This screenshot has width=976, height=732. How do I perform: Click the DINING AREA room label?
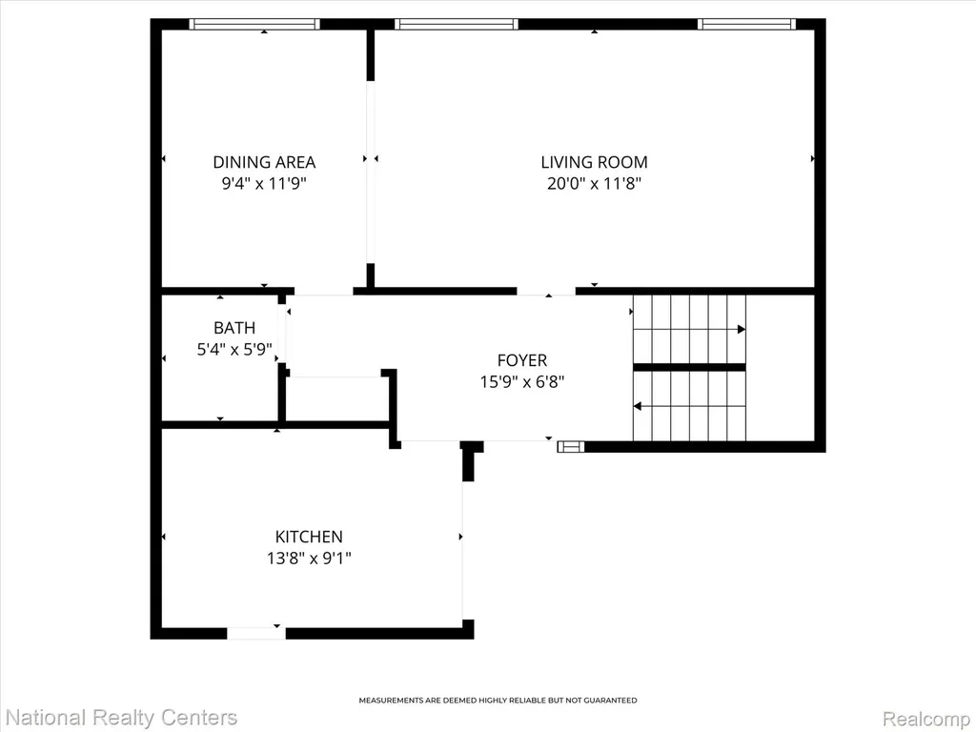tap(264, 162)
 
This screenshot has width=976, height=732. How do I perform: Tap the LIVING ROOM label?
tap(594, 162)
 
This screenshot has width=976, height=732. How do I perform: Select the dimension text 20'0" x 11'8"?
tap(594, 184)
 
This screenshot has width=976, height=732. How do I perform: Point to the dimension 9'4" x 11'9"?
tap(265, 184)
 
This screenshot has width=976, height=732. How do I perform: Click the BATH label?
tap(234, 328)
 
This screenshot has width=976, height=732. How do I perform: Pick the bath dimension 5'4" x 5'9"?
tap(234, 349)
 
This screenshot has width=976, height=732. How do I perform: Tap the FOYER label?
tap(521, 359)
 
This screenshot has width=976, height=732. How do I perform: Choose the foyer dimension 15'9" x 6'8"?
tap(521, 381)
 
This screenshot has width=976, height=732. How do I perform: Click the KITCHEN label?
tap(309, 537)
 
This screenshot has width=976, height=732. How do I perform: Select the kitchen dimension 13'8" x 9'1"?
tap(309, 559)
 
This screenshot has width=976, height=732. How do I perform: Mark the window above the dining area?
tap(254, 24)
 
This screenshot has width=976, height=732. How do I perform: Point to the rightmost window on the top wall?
tap(746, 24)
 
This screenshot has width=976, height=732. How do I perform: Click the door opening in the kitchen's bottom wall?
tap(255, 634)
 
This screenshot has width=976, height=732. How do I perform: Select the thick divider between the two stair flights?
tap(690, 367)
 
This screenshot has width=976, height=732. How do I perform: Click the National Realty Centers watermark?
tap(120, 718)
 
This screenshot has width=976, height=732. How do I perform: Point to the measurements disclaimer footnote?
tap(498, 701)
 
